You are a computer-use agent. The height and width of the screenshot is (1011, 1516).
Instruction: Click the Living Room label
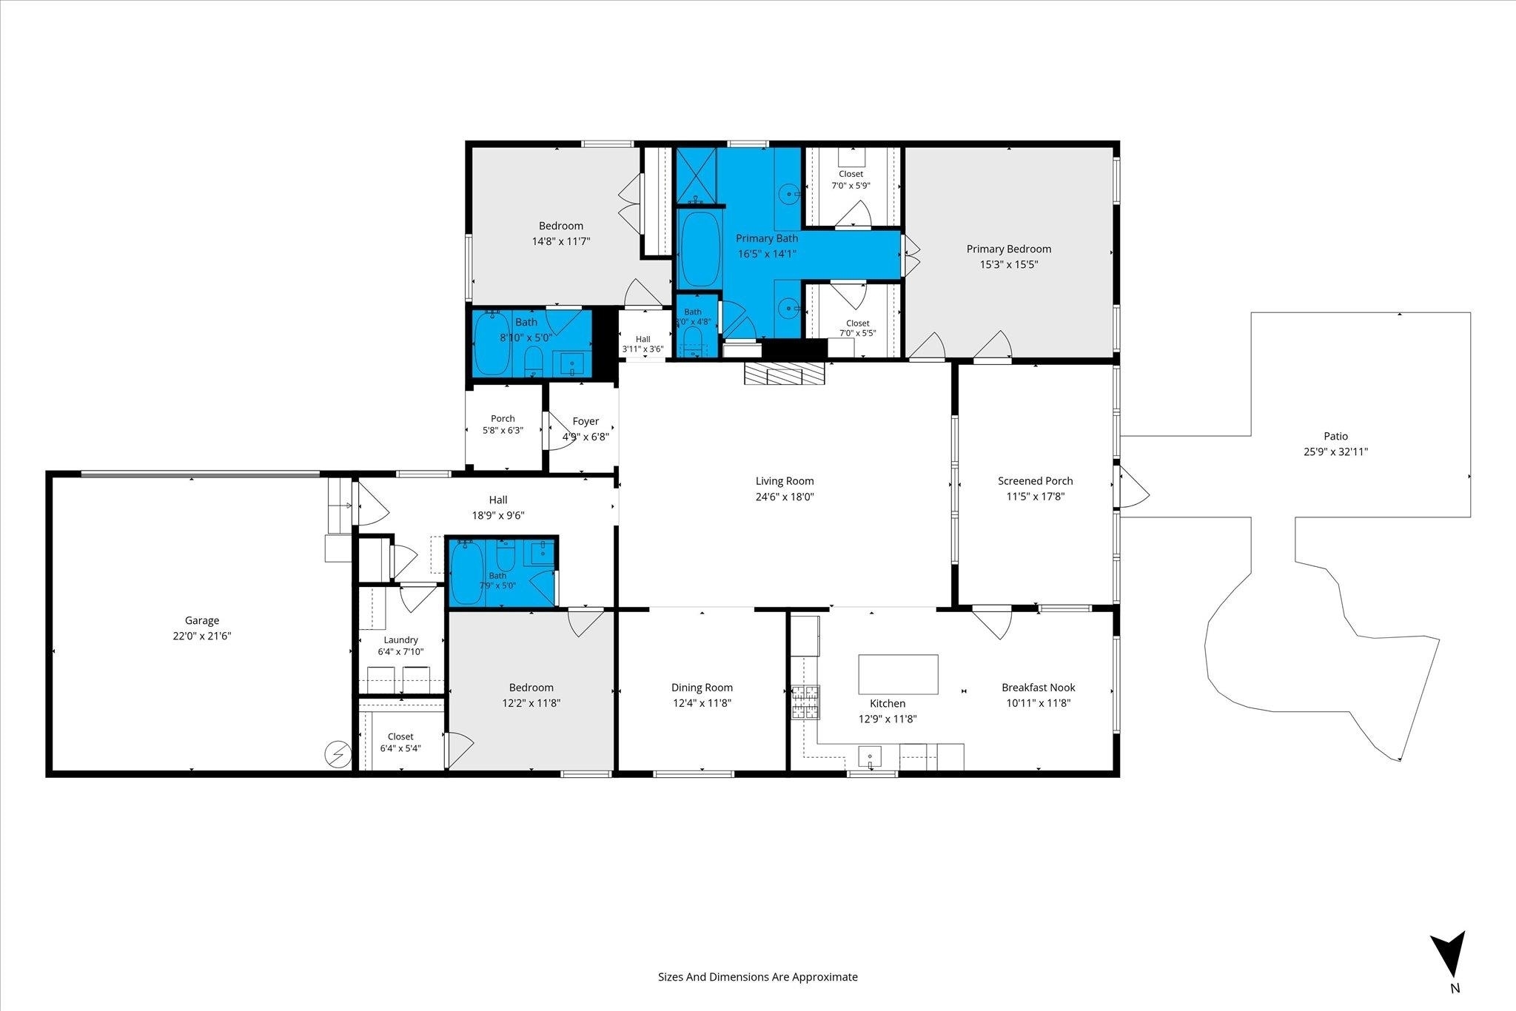785,481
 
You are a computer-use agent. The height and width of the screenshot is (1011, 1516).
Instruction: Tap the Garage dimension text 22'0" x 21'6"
202,635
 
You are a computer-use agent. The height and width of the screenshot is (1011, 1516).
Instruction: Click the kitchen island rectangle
898,674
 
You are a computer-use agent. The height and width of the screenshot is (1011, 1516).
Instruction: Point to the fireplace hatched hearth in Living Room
784,374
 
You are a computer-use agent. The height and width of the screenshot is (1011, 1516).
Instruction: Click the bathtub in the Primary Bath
699,249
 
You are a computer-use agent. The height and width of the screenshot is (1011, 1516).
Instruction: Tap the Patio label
1336,437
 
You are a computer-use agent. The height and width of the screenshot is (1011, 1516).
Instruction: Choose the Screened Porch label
1036,481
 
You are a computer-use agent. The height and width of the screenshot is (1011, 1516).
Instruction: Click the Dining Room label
702,688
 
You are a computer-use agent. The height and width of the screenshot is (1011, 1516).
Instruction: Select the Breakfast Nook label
1039,688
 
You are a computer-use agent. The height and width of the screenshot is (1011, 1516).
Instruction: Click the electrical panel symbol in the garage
337,754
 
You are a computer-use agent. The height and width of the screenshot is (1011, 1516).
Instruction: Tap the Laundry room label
401,640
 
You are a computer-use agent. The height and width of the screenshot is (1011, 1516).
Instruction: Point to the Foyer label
586,421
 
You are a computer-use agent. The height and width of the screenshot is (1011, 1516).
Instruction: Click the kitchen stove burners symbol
807,702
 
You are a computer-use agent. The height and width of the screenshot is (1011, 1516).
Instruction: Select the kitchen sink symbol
870,757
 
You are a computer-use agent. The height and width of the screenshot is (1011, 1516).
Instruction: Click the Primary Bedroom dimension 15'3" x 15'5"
1009,263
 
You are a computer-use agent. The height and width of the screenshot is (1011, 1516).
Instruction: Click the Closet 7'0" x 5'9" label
851,180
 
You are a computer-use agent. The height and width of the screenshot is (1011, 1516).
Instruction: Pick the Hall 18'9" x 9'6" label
498,508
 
